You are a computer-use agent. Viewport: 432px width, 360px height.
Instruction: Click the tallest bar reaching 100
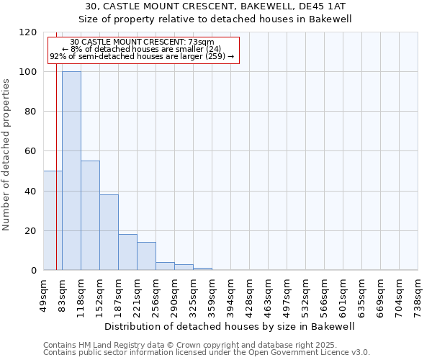tap(71, 171)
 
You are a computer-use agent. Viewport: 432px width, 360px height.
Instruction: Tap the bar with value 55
tap(90, 215)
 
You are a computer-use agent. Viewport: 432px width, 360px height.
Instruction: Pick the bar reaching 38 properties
tap(109, 233)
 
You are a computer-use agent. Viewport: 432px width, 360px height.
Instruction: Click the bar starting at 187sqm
tap(127, 252)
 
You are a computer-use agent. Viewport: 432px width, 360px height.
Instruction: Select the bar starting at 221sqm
tap(146, 256)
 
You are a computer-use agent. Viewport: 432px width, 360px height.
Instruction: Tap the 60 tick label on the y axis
tap(31, 152)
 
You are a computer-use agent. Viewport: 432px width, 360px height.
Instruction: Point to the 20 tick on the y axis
tap(31, 231)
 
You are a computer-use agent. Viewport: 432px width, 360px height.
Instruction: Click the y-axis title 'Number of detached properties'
tap(6, 155)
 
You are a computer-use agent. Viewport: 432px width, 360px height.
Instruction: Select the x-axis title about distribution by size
tap(230, 326)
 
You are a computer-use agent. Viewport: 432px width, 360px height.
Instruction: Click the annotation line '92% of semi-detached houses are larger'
tap(142, 56)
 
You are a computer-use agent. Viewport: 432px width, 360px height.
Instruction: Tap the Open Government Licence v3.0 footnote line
tap(207, 353)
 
